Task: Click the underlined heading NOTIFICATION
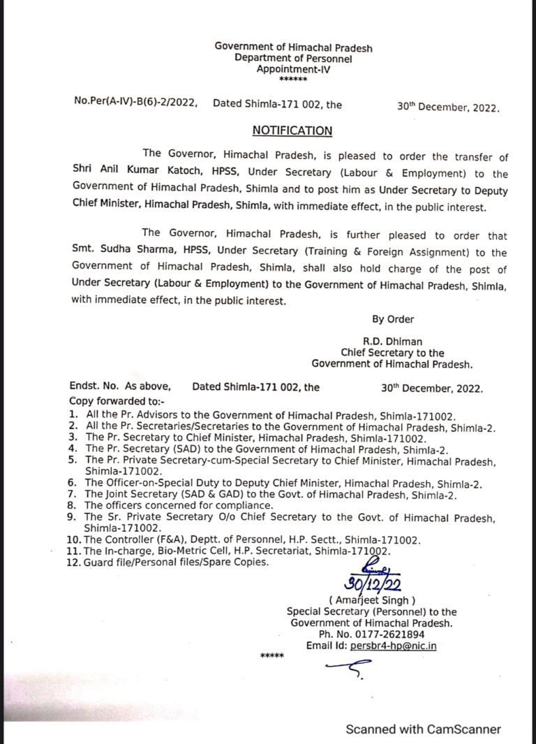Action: [x=292, y=131]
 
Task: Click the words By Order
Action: [x=393, y=319]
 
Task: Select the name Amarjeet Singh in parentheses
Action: [x=372, y=600]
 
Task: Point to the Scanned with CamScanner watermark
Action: [x=424, y=729]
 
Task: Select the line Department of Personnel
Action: [x=293, y=59]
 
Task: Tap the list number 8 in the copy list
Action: [x=72, y=504]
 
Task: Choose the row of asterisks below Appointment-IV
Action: [x=292, y=80]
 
